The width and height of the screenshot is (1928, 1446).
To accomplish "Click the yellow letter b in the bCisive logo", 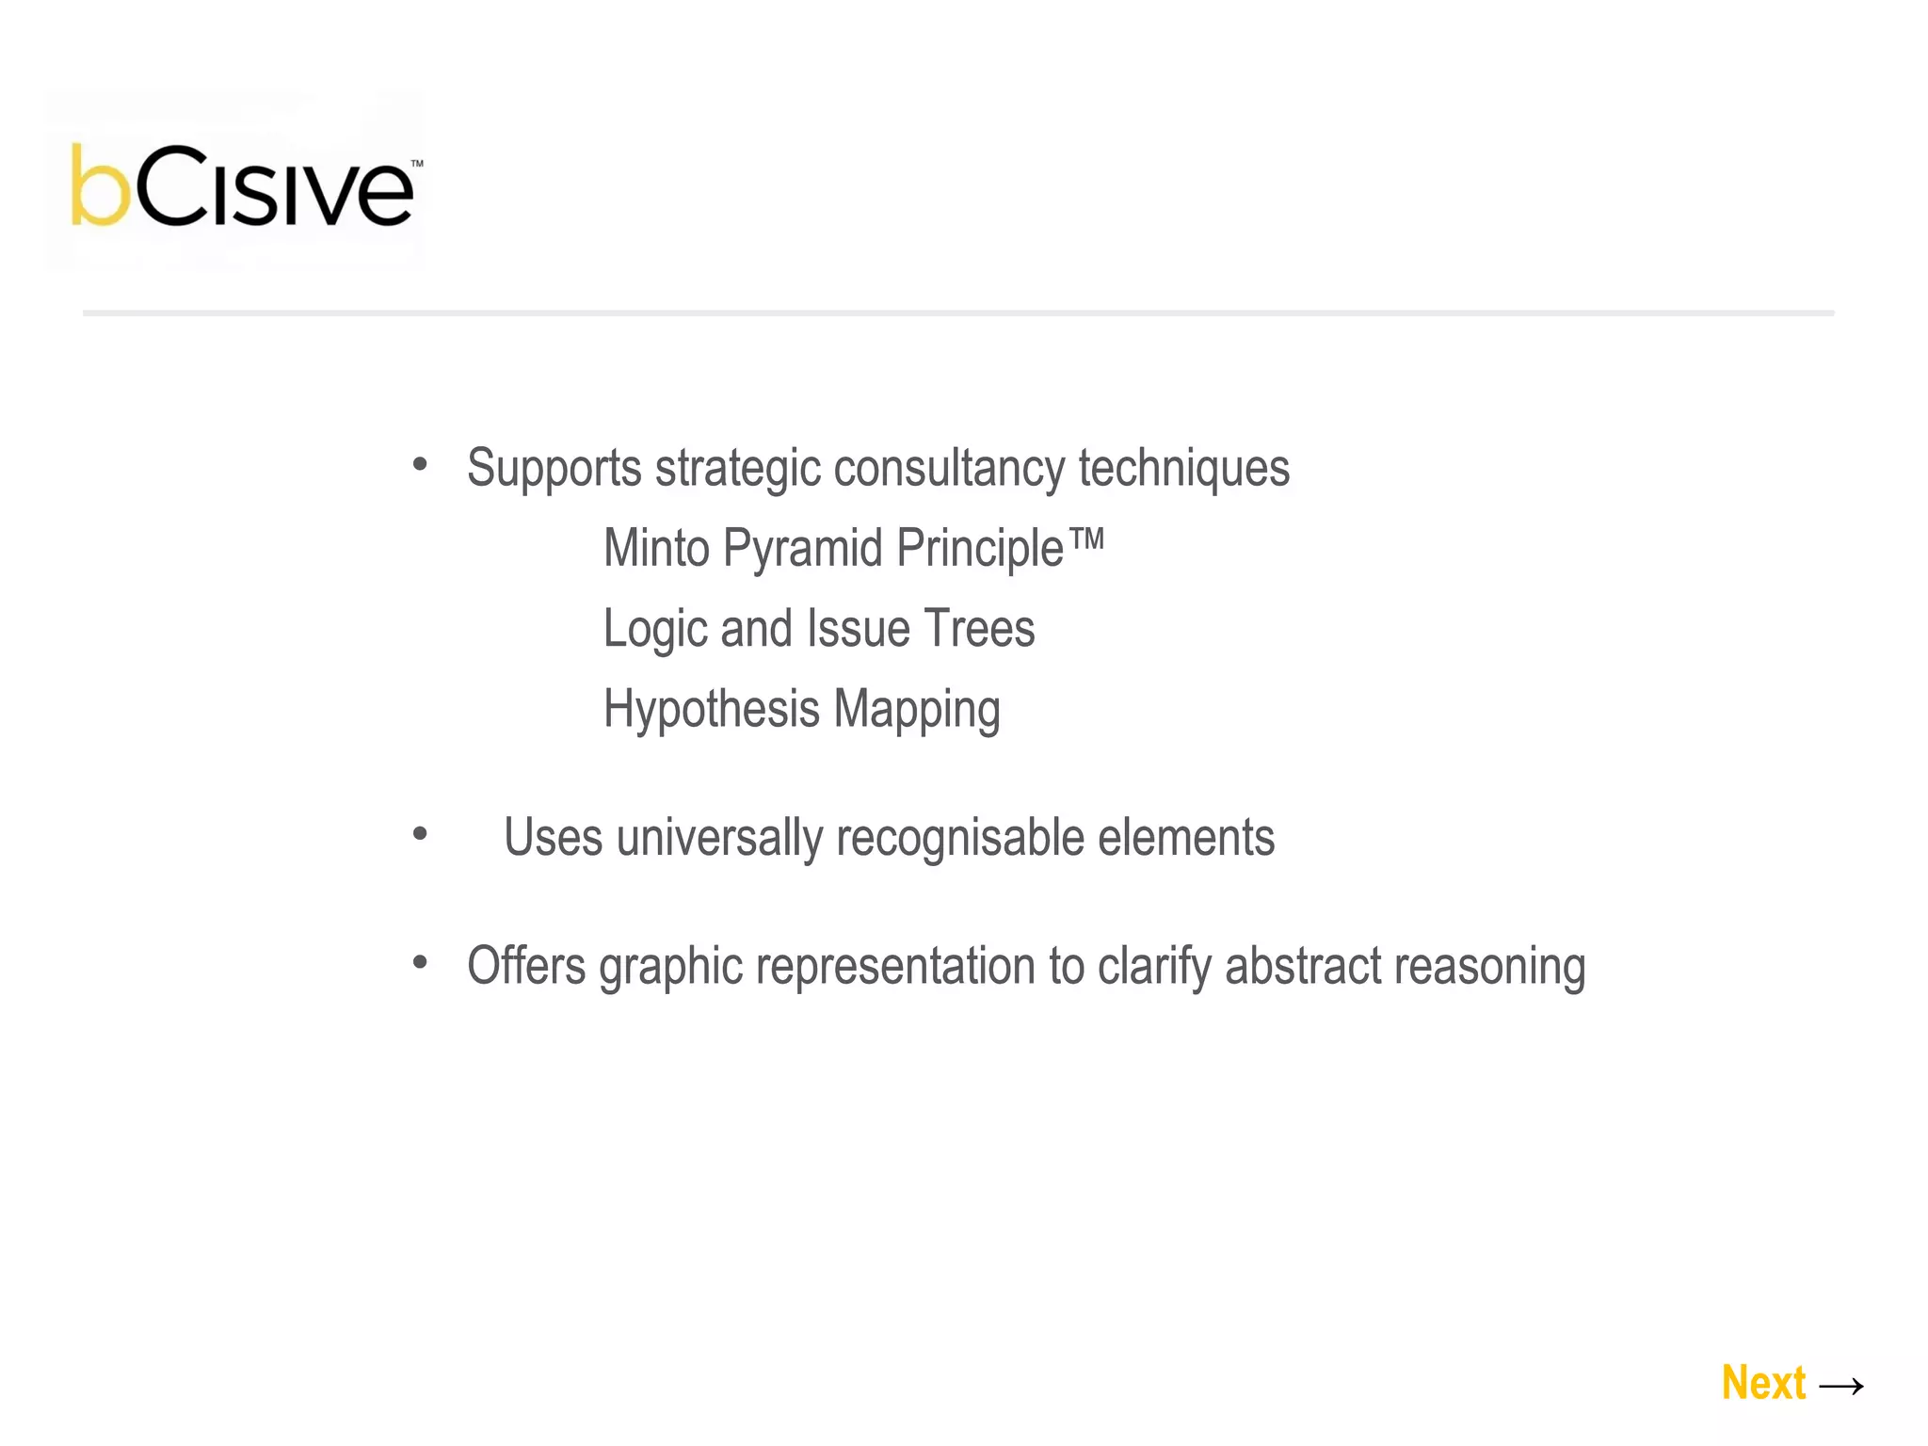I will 100,186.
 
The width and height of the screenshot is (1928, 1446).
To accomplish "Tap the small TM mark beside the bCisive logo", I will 417,164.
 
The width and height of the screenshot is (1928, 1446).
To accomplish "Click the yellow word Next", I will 1763,1383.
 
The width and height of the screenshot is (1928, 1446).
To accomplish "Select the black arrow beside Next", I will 1841,1386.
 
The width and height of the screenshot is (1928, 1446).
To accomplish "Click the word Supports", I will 554,468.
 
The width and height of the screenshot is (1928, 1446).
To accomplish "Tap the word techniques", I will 1183,468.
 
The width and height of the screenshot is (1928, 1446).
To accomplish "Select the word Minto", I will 656,548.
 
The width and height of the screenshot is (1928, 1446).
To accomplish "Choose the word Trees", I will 979,629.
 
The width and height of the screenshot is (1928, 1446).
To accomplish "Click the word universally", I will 719,837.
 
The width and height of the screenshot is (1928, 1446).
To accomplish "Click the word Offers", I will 526,966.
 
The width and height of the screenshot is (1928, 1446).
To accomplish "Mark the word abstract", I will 1302,966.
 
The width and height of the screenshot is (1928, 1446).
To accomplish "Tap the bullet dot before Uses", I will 420,833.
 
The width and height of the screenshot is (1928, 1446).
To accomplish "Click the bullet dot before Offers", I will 420,962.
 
